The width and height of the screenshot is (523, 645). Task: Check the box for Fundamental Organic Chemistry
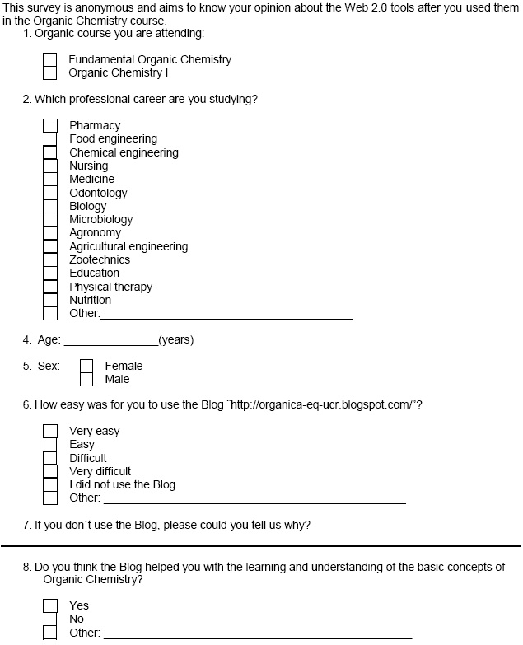(50, 60)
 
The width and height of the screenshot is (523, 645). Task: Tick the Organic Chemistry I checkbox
(50, 73)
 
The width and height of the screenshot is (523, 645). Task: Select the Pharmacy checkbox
(50, 126)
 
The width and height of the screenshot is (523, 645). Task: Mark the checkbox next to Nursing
(50, 166)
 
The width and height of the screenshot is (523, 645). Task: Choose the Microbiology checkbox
(50, 220)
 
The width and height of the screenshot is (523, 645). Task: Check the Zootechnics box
(50, 260)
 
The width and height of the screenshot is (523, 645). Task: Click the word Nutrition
(90, 301)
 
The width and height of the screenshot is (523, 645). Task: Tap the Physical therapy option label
(110, 287)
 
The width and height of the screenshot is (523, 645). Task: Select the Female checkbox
(86, 367)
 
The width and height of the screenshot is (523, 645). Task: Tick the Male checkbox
(86, 380)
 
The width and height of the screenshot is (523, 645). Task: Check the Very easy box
(50, 432)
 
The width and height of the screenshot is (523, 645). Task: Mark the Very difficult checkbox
(50, 472)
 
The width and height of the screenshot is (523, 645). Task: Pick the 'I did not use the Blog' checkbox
(50, 485)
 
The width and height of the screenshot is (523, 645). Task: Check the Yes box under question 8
(50, 606)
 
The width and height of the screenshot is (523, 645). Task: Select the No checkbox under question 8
(50, 619)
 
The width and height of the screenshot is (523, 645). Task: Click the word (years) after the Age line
(175, 340)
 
